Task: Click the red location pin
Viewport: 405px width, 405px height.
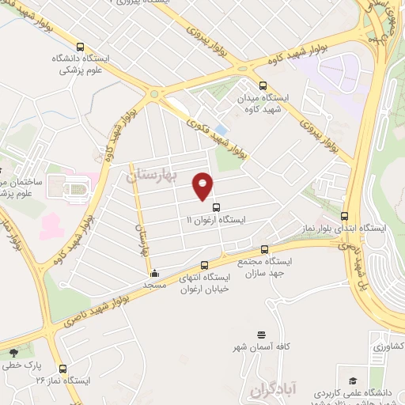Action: coord(203,186)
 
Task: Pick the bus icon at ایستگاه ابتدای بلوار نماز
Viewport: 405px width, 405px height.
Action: coord(344,216)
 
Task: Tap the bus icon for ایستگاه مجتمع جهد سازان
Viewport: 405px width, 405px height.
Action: coord(264,249)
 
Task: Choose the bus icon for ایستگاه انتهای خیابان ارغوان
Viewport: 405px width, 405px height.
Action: coord(205,265)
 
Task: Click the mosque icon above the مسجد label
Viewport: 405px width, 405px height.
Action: coord(154,274)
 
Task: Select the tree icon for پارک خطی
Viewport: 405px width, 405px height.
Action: coord(13,354)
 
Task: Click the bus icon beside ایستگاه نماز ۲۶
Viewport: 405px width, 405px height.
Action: coord(62,367)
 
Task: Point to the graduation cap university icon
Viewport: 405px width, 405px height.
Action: coord(351,379)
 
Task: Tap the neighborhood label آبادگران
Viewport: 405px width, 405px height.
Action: coord(271,388)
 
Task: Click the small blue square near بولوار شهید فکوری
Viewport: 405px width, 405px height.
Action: coord(221,129)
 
